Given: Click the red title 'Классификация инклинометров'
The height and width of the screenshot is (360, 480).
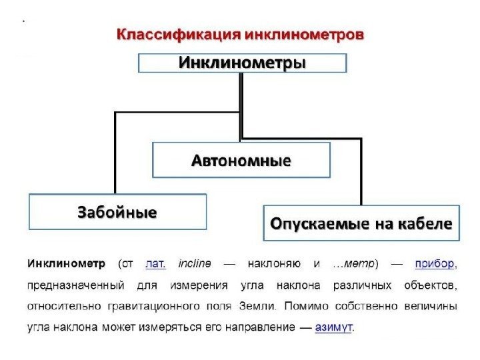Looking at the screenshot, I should click(241, 35).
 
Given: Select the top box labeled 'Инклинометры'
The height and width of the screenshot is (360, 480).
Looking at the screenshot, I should click(242, 63).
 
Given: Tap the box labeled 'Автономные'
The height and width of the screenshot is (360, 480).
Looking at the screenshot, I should click(241, 160).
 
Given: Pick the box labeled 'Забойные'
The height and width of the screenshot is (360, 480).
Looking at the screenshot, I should click(117, 212).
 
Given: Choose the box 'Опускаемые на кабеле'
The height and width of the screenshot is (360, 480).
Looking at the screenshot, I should click(361, 223).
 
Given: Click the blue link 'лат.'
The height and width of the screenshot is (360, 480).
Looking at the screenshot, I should click(155, 263).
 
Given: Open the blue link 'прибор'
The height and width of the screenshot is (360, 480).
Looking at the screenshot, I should click(435, 263).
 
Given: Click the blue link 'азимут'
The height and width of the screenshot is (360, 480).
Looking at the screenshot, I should click(333, 327).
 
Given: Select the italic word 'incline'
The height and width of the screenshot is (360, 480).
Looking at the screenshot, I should click(195, 263).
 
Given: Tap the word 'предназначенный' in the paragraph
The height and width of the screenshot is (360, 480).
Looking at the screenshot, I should click(76, 285).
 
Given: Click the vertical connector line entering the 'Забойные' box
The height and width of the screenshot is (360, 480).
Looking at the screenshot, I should click(115, 153).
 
